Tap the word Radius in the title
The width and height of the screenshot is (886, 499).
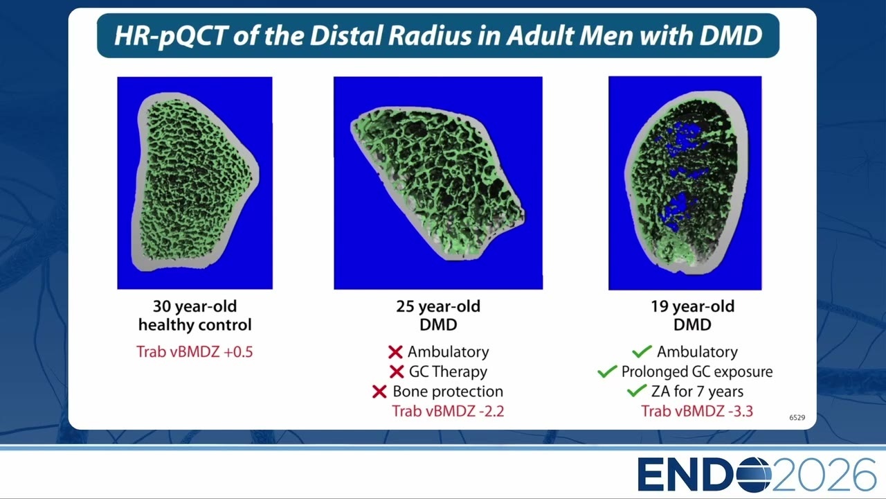coord(430,35)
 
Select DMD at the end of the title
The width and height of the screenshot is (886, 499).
coord(731,35)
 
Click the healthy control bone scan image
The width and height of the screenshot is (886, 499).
coord(195,182)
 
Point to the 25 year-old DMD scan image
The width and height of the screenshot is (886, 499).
coord(438,182)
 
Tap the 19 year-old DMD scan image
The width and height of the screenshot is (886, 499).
coord(685,183)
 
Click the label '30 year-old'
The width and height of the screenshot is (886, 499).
coord(195,306)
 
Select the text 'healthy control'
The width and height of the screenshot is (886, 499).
coord(195,325)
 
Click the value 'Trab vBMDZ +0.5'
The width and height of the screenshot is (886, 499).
coord(195,351)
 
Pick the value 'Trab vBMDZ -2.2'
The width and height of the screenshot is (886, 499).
coord(448,411)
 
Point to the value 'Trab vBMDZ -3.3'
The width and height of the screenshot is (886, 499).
coord(697,411)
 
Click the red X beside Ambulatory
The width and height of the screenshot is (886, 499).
coord(395,351)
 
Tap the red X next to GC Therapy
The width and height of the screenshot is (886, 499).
coord(397,371)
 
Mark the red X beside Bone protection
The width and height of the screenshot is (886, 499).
coord(379,392)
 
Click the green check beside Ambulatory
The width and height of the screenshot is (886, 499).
coord(642,351)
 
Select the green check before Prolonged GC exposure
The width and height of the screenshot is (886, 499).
coord(607,371)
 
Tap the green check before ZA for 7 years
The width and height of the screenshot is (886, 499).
coord(637,391)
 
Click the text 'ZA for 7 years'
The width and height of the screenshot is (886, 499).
coord(697,392)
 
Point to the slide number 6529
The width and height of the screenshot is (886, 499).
coord(797,417)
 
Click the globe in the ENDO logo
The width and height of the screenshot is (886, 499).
coord(754,474)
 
